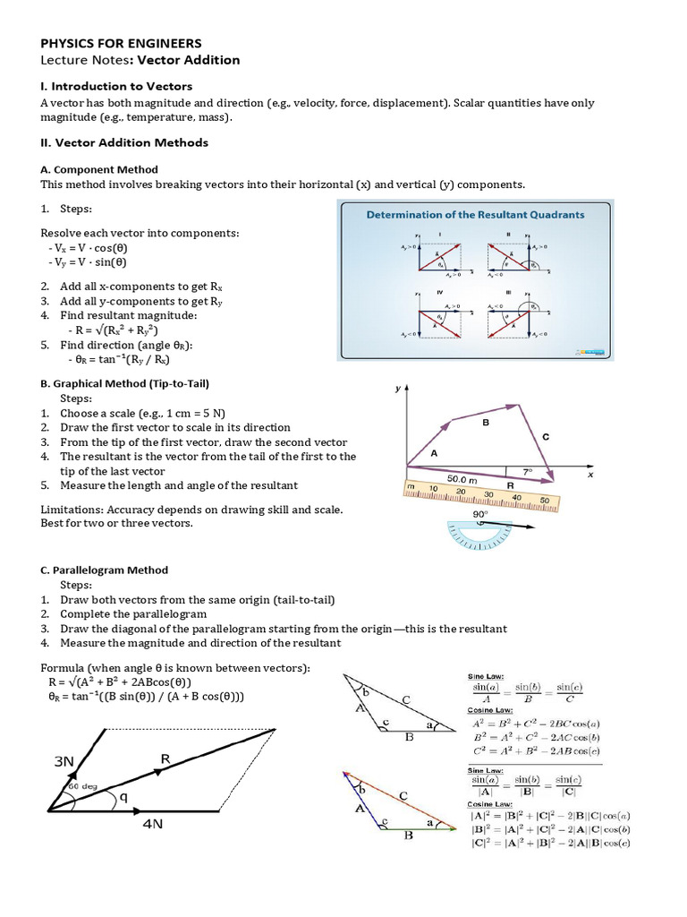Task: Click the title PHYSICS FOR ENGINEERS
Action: pyautogui.click(x=121, y=43)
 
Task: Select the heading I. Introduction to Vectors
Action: pyautogui.click(x=116, y=86)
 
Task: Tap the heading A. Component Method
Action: pyautogui.click(x=99, y=169)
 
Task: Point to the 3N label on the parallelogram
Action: pyautogui.click(x=64, y=761)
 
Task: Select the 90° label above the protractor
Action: pyautogui.click(x=479, y=515)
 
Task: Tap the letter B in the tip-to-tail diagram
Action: pyautogui.click(x=486, y=423)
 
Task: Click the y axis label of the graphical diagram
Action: pyautogui.click(x=396, y=390)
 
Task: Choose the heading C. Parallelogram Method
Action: pyautogui.click(x=104, y=570)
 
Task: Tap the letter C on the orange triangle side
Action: pyautogui.click(x=403, y=794)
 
